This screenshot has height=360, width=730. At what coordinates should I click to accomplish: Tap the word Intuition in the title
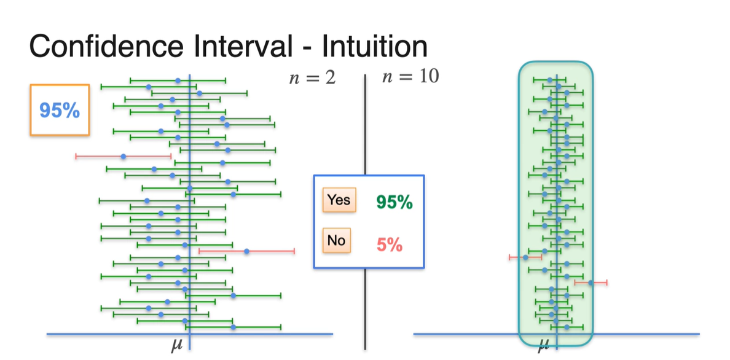374,47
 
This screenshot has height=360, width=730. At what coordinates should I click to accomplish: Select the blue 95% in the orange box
59,111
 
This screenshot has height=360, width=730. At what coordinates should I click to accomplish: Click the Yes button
339,200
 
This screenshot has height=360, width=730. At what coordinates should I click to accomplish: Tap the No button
336,240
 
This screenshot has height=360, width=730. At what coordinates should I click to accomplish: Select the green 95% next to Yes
394,202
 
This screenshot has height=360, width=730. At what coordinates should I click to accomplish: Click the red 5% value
390,245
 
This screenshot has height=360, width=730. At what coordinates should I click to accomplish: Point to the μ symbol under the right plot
543,346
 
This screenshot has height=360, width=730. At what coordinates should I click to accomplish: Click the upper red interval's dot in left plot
124,157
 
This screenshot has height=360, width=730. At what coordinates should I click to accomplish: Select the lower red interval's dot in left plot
246,251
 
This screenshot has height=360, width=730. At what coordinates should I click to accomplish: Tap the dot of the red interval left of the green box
525,257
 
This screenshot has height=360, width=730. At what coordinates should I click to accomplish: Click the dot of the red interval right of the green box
591,283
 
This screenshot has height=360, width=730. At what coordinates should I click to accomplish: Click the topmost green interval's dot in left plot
178,80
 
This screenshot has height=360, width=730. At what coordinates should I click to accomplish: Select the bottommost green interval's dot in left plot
233,327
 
